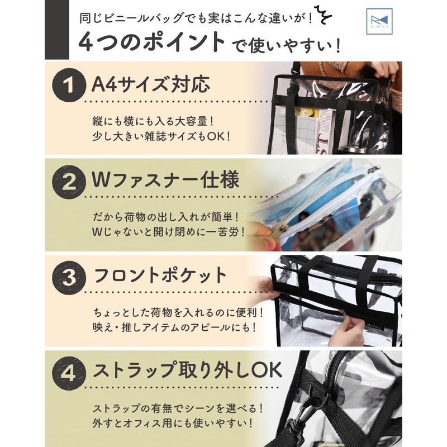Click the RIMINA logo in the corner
tap(379, 21)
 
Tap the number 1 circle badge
tap(69, 85)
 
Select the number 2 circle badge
tap(69, 182)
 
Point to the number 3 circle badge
tap(69, 277)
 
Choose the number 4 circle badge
tap(69, 373)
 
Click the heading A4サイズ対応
tap(151, 84)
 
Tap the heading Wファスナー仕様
tap(165, 180)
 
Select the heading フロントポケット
tap(160, 275)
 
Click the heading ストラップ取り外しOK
tap(187, 370)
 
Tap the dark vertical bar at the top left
tap(57, 30)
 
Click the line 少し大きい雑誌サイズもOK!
tap(161, 136)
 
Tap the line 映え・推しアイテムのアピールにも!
tap(175, 327)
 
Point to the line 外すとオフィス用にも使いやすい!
tap(173, 423)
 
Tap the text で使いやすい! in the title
tap(287, 46)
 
